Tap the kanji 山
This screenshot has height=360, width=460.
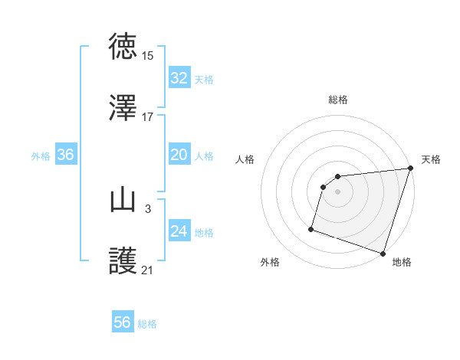click(x=123, y=201)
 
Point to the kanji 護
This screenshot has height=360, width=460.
click(x=123, y=262)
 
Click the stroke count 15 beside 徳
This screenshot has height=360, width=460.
click(x=147, y=56)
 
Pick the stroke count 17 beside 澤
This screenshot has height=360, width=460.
click(x=147, y=117)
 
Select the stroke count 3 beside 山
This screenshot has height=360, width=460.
click(x=147, y=208)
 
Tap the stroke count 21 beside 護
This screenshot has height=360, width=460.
click(x=147, y=270)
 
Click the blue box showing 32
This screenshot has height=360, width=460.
click(x=179, y=78)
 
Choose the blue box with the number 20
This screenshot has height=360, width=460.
click(x=179, y=155)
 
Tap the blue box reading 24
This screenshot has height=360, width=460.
click(x=179, y=231)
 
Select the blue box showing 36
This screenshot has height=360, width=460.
click(x=66, y=155)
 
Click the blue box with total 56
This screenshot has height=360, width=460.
click(x=123, y=322)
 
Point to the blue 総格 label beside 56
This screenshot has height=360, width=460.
click(x=147, y=324)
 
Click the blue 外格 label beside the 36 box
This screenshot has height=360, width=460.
click(x=41, y=156)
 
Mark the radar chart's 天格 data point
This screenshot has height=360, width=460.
click(x=410, y=169)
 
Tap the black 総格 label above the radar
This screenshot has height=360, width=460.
click(x=338, y=100)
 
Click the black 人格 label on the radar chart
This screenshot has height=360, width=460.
click(x=246, y=159)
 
